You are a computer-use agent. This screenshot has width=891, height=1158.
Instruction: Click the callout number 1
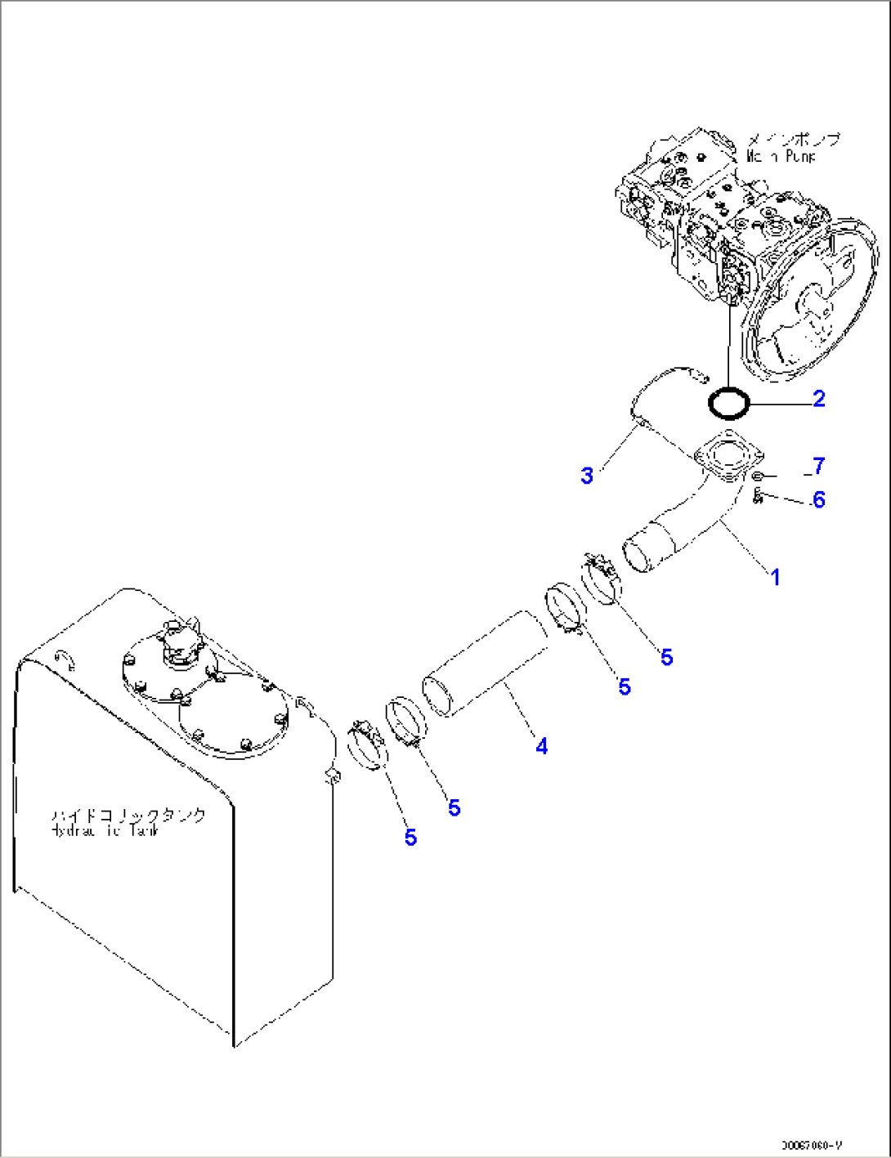click(775, 577)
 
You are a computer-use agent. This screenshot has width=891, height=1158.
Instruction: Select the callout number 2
click(818, 399)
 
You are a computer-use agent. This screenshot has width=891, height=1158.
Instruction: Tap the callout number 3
click(587, 475)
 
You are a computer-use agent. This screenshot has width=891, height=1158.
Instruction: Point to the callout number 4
click(541, 745)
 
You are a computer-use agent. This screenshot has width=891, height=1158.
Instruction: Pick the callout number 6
click(818, 499)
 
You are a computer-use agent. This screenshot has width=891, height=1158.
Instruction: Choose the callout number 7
click(818, 466)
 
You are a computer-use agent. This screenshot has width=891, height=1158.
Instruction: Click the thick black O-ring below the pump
click(728, 402)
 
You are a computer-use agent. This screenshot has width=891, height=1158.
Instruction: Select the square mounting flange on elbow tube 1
click(727, 458)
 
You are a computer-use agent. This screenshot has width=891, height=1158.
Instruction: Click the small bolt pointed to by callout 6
click(758, 494)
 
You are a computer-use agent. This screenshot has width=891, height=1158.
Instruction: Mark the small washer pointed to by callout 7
click(758, 476)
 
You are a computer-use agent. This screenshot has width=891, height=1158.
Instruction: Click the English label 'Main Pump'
click(781, 156)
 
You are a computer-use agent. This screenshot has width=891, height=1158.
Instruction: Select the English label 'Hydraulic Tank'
click(105, 830)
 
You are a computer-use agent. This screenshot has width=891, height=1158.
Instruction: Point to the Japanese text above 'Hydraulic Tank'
click(128, 815)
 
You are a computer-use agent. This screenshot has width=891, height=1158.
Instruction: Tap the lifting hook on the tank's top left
click(65, 658)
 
